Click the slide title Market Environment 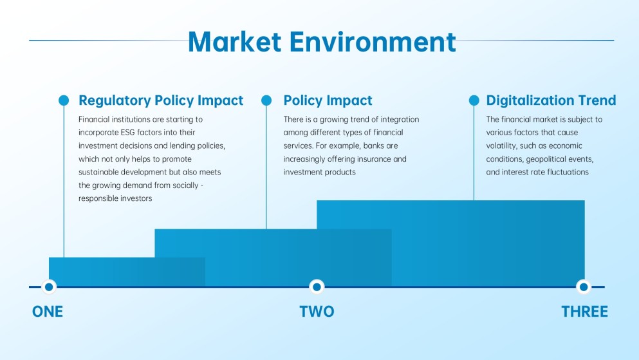tap(322, 41)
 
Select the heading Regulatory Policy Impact tap(161, 100)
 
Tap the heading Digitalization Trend tap(551, 100)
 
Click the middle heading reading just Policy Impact tap(328, 100)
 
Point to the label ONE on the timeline tap(48, 312)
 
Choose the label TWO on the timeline tap(317, 312)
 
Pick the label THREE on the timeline tap(584, 312)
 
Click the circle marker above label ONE tap(48, 287)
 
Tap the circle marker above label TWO tap(317, 287)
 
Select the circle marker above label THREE tap(584, 287)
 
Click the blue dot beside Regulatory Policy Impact tap(64, 100)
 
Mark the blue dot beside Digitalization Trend tap(474, 100)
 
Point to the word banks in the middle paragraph tap(373, 146)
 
